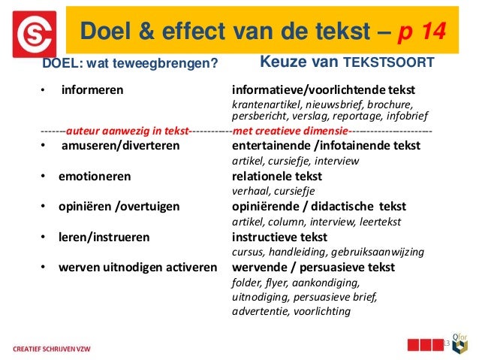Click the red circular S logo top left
(x=35, y=34)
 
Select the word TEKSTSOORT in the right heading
(x=388, y=63)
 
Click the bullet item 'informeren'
(x=92, y=91)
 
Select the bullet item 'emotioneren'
(x=95, y=177)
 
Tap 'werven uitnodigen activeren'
(x=138, y=267)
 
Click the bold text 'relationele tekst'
(x=277, y=177)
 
